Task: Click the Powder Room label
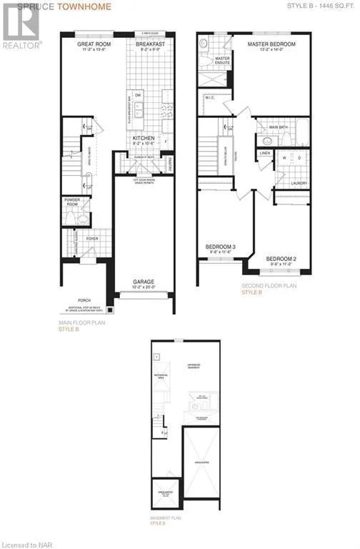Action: [71, 201]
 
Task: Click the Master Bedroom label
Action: [271, 44]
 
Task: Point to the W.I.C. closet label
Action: [211, 98]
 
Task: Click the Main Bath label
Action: [277, 127]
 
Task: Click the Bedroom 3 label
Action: [221, 247]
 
